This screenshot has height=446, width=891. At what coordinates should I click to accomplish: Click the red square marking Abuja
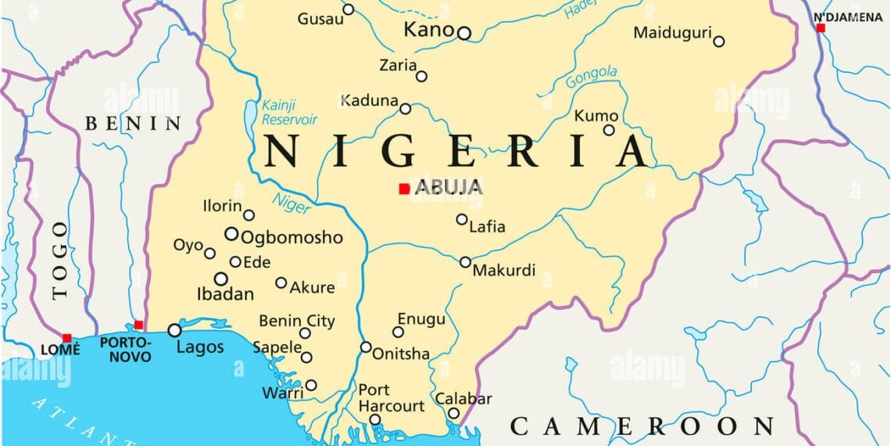coord(404,189)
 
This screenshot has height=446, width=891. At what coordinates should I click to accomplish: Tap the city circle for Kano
coord(464,33)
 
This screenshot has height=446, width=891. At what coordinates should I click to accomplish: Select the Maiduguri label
coord(672,33)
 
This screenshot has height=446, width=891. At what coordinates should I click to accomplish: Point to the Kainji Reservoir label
coord(289,112)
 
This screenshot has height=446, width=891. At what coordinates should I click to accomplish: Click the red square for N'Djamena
coord(821,28)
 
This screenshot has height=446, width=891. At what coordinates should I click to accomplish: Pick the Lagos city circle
coord(175,331)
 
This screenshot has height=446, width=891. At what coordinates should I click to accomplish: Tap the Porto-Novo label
coord(126,350)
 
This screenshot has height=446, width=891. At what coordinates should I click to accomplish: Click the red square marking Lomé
coord(66,338)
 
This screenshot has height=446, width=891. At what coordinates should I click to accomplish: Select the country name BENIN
coord(133,123)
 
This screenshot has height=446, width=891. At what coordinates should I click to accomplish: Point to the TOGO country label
coord(60,260)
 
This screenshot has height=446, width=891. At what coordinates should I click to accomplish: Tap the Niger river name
coord(291,202)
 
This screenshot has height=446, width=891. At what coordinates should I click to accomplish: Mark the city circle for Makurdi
coord(465,262)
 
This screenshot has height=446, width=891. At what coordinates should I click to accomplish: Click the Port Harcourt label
coord(391,398)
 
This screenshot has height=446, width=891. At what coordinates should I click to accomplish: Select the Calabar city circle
coord(453,413)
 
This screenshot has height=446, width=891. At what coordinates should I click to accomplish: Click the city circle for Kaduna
coord(406,109)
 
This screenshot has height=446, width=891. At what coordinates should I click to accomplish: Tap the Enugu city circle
coord(398,332)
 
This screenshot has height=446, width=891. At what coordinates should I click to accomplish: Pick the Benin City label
coord(296,321)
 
